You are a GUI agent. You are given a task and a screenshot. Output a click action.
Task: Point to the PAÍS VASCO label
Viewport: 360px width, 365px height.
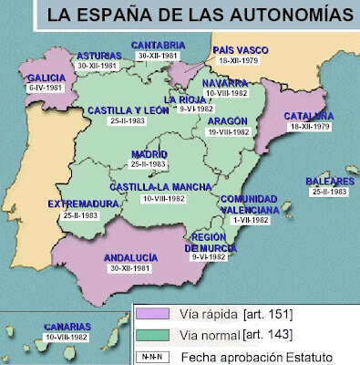point(240,49)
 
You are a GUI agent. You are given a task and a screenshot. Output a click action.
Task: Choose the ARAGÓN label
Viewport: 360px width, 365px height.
point(229,120)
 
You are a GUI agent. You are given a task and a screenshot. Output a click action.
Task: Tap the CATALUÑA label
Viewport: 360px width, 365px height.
point(306,117)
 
